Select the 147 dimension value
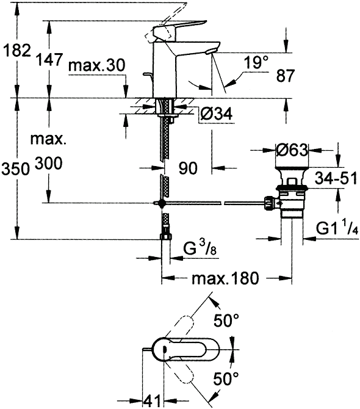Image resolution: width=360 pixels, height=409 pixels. pos(49,59)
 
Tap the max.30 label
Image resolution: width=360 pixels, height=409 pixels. pos(97,65)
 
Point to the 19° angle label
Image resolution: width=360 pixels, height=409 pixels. pos(256,62)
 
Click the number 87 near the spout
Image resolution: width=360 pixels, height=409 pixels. pos(285,76)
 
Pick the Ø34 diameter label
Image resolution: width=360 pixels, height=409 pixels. pos(217,114)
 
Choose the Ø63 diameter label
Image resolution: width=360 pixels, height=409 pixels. pos(292,150)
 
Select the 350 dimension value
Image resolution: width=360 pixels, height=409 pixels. pos(15,168)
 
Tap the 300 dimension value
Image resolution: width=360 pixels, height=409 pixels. pos(48,164)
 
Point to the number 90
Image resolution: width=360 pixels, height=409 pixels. pos(188,168)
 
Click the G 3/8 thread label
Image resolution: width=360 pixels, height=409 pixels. pos(200,249)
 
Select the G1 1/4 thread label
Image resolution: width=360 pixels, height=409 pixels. pos(337,228)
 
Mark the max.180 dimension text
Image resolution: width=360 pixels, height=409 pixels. pos(226,278)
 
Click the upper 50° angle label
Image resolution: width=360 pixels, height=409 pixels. pos(226,320)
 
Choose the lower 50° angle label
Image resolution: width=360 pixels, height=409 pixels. pos(226,378)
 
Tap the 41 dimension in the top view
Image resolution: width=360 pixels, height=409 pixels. pos(151,400)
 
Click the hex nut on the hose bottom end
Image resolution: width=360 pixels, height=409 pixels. pos(165,236)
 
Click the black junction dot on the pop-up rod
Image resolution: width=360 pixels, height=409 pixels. pos(162,203)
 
